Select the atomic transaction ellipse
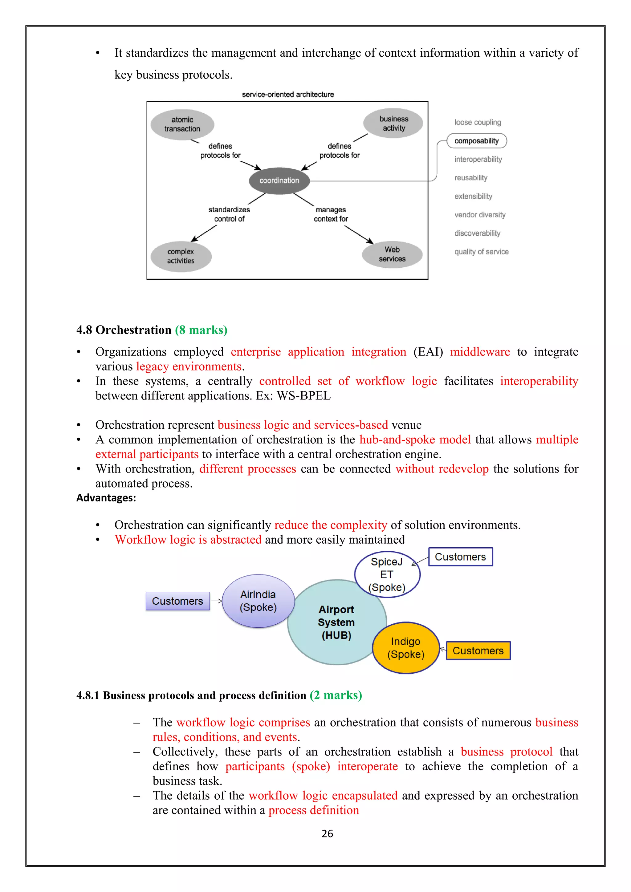[x=182, y=124]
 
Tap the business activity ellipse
[x=393, y=123]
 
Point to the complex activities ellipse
[x=181, y=256]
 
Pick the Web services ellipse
[x=392, y=254]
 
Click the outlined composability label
[x=476, y=141]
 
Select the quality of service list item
[x=481, y=252]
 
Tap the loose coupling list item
[x=478, y=122]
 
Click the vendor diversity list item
[x=479, y=215]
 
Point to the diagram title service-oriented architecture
[x=287, y=95]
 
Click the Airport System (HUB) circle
[x=336, y=622]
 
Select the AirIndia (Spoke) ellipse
[x=258, y=601]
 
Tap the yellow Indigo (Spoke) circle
[x=406, y=648]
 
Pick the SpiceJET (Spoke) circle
[x=387, y=574]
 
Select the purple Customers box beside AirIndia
[x=177, y=601]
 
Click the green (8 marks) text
[x=201, y=330]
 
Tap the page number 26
[x=327, y=833]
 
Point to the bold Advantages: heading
[x=106, y=498]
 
